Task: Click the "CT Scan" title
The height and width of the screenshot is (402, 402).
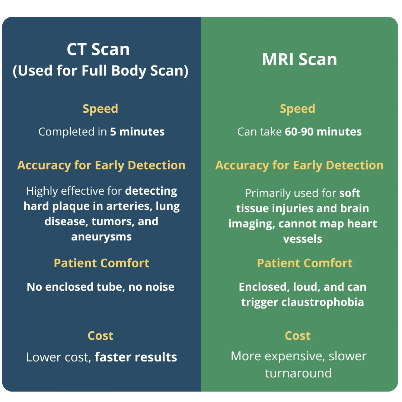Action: point(98,49)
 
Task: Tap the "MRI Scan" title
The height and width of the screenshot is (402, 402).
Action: point(299,60)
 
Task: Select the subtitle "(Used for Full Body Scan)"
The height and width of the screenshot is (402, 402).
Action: point(100,70)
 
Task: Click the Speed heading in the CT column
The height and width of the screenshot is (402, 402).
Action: point(100,109)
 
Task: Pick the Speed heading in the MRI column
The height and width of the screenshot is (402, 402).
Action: point(297,109)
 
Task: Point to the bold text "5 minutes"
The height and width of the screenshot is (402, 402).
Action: point(137,132)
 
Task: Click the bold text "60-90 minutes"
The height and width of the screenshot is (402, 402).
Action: point(323,132)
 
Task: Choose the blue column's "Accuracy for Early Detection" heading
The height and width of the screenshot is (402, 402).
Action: point(101,165)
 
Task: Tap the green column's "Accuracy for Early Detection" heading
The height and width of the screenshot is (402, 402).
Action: point(299,165)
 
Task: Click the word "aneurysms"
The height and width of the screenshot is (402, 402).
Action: point(102,237)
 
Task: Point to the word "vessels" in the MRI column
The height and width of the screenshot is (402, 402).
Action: point(303,239)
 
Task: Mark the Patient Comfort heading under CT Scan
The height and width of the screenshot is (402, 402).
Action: point(102,263)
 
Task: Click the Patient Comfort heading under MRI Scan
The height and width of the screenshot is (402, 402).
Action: point(305,263)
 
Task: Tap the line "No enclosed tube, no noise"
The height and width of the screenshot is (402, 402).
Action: point(100,287)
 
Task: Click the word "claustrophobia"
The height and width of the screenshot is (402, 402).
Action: point(322,302)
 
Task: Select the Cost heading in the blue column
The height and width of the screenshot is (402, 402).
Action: point(100,336)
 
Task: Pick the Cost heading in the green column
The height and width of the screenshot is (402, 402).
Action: point(298,336)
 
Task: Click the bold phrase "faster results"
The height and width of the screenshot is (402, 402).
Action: point(136,357)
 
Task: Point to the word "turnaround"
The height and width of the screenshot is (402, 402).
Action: point(299,373)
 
